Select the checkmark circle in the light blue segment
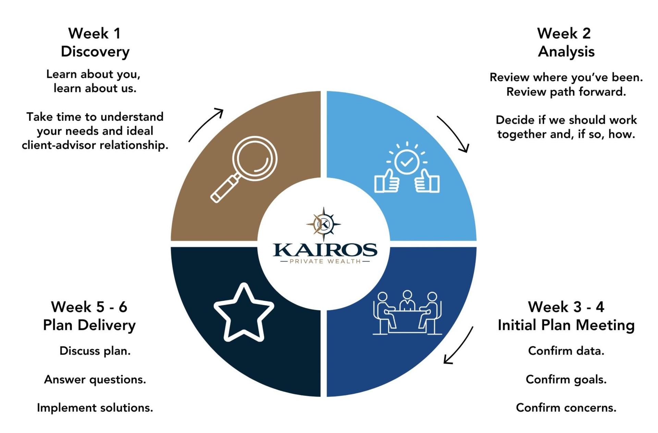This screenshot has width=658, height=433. pyautogui.click(x=407, y=162)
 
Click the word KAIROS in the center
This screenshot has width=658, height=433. pyautogui.click(x=325, y=250)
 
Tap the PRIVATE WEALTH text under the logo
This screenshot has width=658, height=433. pyautogui.click(x=325, y=261)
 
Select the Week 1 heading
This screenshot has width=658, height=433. pyautogui.click(x=94, y=33)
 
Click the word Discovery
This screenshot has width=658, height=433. pyautogui.click(x=95, y=52)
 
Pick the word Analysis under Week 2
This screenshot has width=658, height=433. pyautogui.click(x=566, y=52)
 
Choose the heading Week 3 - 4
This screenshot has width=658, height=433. pyautogui.click(x=566, y=307)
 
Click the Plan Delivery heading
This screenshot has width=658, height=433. pyautogui.click(x=89, y=325)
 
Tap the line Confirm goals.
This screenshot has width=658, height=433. pyautogui.click(x=566, y=380)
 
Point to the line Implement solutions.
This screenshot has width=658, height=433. pyautogui.click(x=95, y=408)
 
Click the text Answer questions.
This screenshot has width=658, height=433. pyautogui.click(x=95, y=380)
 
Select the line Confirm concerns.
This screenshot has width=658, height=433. pyautogui.click(x=566, y=408)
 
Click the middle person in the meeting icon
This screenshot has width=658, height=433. pyautogui.click(x=407, y=301)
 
